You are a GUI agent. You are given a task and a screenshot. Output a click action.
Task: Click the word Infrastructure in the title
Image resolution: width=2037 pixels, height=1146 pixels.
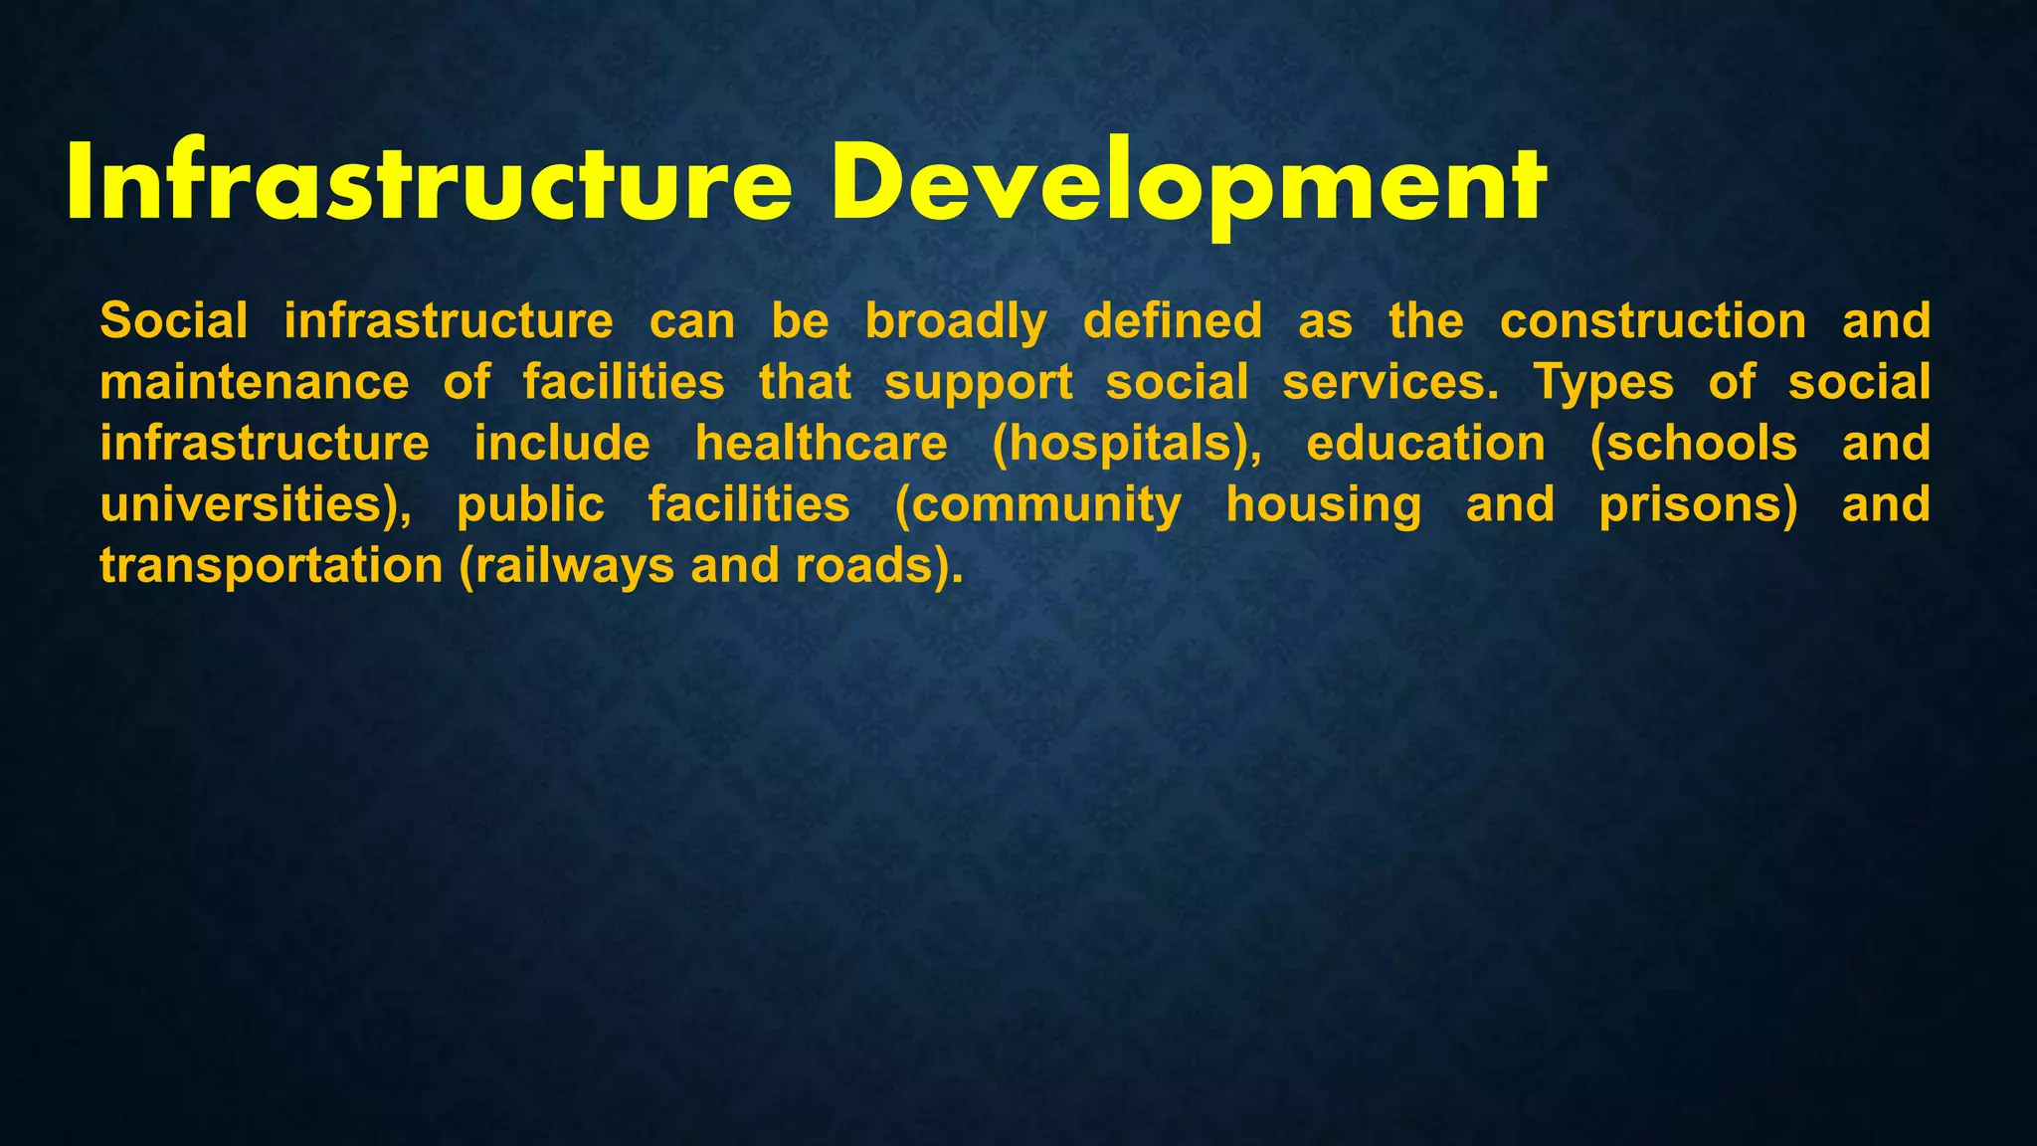pyautogui.click(x=429, y=184)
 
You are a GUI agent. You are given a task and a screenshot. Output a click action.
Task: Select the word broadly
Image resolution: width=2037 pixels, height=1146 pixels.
pyautogui.click(x=956, y=322)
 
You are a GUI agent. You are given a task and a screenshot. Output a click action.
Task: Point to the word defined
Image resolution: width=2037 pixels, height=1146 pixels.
pyautogui.click(x=1173, y=321)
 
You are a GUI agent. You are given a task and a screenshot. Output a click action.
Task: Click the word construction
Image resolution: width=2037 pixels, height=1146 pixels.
pyautogui.click(x=1653, y=321)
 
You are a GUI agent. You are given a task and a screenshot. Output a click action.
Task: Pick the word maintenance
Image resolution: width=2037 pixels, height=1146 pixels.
pyautogui.click(x=255, y=383)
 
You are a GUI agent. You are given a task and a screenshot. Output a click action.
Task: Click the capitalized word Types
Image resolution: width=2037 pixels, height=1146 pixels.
pyautogui.click(x=1603, y=384)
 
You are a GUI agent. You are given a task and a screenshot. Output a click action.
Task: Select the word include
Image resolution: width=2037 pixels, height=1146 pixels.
pyautogui.click(x=562, y=444)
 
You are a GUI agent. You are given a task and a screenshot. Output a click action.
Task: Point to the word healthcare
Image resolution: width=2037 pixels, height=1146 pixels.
pyautogui.click(x=822, y=444)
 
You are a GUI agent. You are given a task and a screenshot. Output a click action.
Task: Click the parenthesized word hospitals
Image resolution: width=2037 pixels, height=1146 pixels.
pyautogui.click(x=1127, y=445)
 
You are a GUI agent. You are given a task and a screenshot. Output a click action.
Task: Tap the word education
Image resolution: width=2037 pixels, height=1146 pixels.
pyautogui.click(x=1426, y=444)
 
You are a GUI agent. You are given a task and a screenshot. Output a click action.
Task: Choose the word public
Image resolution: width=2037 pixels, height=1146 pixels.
pyautogui.click(x=530, y=506)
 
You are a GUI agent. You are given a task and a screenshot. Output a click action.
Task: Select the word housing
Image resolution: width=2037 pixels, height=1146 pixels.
pyautogui.click(x=1324, y=506)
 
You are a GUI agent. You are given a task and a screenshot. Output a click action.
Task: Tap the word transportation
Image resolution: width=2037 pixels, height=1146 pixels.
pyautogui.click(x=272, y=567)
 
